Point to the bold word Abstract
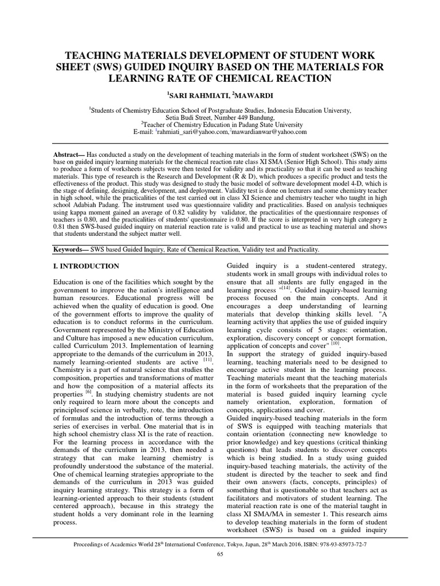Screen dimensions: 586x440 tap(65, 155)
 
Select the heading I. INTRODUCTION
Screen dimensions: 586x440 tap(86, 266)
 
